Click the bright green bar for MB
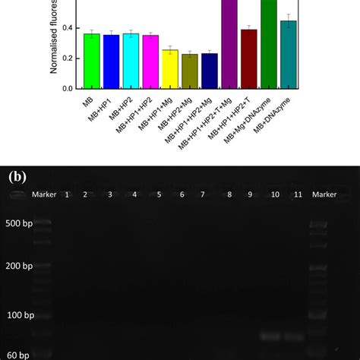(92, 62)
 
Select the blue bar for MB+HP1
(112, 62)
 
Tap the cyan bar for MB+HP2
(131, 62)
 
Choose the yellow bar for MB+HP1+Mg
(170, 69)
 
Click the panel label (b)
(17, 177)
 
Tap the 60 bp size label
(18, 355)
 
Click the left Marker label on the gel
(44, 194)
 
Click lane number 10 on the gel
(274, 195)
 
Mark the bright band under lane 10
(271, 335)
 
